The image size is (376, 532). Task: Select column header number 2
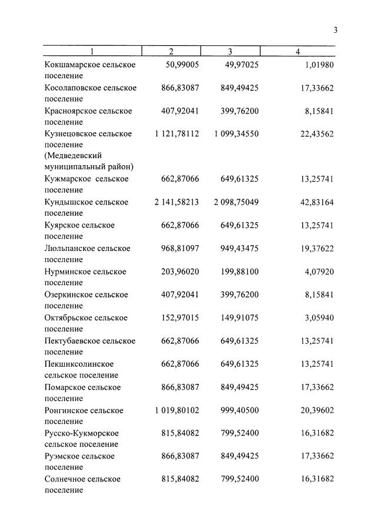pyautogui.click(x=171, y=52)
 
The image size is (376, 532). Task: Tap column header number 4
pyautogui.click(x=298, y=52)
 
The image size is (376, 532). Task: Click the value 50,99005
pyautogui.click(x=180, y=65)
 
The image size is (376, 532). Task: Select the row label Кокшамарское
pyautogui.click(x=71, y=65)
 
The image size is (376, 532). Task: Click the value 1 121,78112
pyautogui.click(x=177, y=134)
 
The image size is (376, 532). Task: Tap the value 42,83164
pyautogui.click(x=317, y=202)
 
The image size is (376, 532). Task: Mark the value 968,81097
pyautogui.click(x=180, y=249)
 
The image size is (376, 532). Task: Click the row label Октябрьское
pyautogui.click(x=68, y=318)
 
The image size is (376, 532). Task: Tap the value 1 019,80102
pyautogui.click(x=177, y=410)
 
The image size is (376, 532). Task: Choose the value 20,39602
pyautogui.click(x=317, y=410)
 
